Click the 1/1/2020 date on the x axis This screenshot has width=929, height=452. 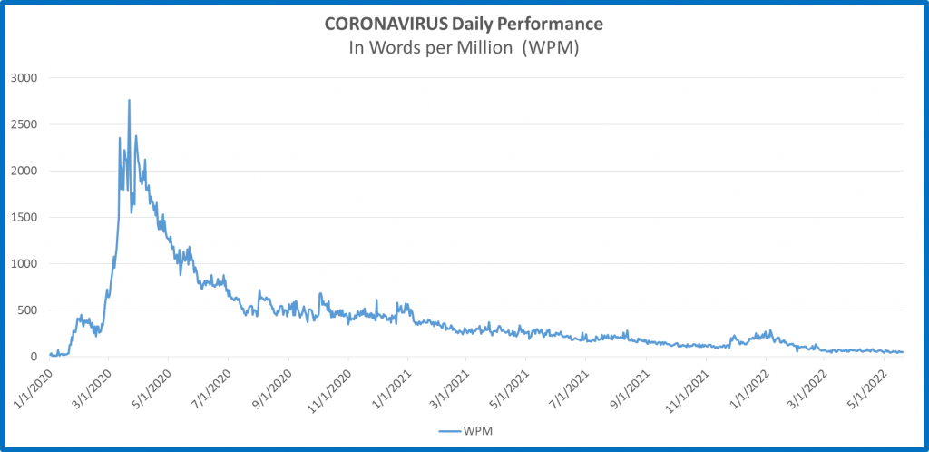click(x=33, y=385)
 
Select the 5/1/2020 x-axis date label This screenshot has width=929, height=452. click(x=152, y=385)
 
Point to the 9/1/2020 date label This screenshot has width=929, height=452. click(x=272, y=385)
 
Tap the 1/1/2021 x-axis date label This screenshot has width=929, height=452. click(x=391, y=385)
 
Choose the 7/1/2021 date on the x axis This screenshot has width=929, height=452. click(x=569, y=385)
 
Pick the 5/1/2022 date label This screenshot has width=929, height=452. click(x=867, y=385)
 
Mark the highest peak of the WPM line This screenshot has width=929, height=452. click(x=129, y=100)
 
